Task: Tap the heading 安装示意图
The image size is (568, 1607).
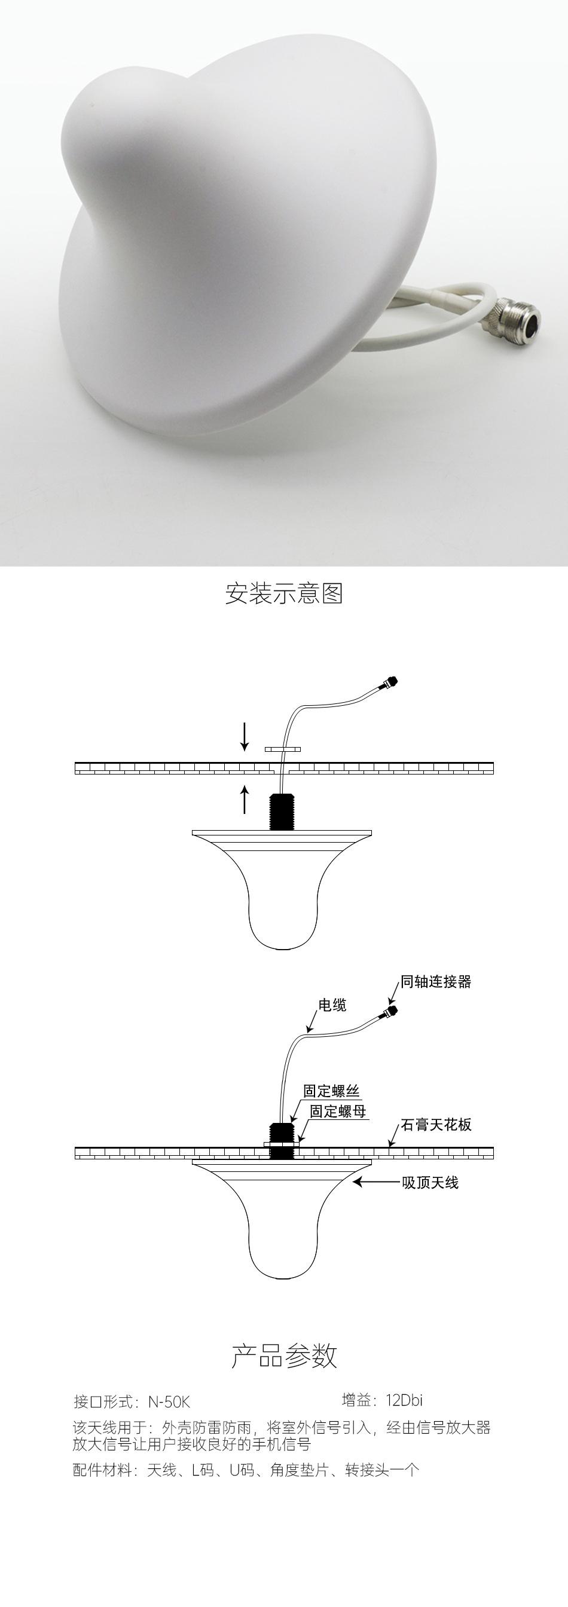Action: [284, 593]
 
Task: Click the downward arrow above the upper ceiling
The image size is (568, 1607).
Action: [245, 736]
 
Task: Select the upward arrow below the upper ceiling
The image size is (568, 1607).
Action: [245, 799]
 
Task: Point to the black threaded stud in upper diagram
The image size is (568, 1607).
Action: [282, 812]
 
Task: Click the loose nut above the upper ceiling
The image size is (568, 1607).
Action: [282, 748]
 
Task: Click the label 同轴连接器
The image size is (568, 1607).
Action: [436, 981]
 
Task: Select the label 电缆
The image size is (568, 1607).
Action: [332, 1005]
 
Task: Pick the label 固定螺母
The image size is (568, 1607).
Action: [338, 1110]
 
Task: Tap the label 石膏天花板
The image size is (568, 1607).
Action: [436, 1124]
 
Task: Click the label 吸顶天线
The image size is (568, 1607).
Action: [430, 1181]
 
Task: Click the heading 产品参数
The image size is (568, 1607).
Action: [284, 1356]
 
